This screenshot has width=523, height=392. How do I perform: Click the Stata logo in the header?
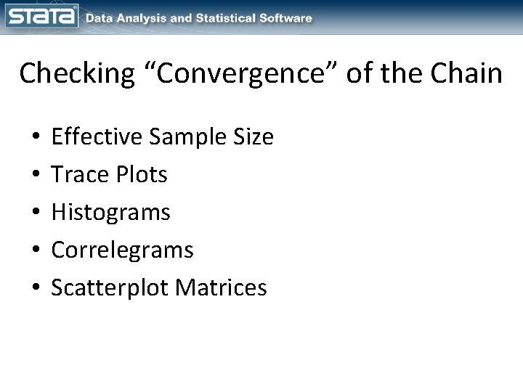41,16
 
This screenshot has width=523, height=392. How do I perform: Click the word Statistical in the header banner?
232,18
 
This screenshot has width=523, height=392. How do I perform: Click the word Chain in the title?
464,74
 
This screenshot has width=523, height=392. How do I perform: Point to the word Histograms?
111,213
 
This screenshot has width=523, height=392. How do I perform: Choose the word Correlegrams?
123,250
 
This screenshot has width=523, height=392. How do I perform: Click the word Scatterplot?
105,288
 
